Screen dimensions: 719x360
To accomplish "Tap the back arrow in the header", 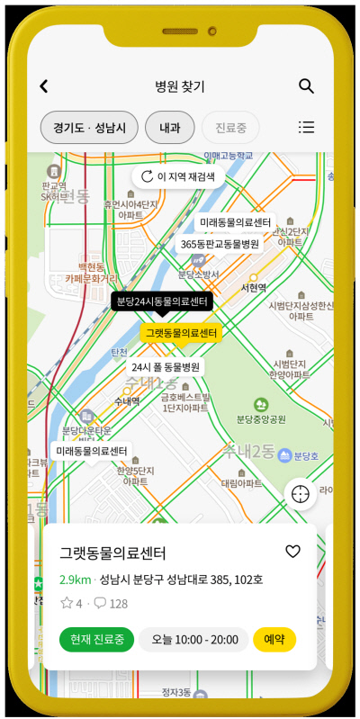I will pyautogui.click(x=43, y=86).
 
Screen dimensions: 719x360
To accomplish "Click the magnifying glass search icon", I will pyautogui.click(x=306, y=86).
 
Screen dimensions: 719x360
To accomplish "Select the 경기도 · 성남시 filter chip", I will pyautogui.click(x=89, y=128).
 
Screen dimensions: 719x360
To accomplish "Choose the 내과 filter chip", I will pyautogui.click(x=169, y=128).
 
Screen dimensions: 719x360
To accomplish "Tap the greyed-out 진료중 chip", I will pyautogui.click(x=230, y=128).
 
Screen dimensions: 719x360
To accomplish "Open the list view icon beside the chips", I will pyautogui.click(x=306, y=128).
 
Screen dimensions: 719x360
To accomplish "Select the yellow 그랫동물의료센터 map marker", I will pyautogui.click(x=181, y=333).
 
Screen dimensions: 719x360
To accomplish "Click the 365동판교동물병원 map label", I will pyautogui.click(x=220, y=244).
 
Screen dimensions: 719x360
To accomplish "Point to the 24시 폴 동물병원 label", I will pyautogui.click(x=166, y=367).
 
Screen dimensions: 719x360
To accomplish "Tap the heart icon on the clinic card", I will pyautogui.click(x=292, y=552).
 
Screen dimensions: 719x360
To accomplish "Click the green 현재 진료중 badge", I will pyautogui.click(x=97, y=640).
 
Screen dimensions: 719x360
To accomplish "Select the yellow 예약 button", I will pyautogui.click(x=274, y=640).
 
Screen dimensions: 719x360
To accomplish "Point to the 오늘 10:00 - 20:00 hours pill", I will pyautogui.click(x=193, y=640).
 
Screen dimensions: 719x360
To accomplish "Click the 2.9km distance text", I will pyautogui.click(x=75, y=579).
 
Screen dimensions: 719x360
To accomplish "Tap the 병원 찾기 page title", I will pyautogui.click(x=180, y=86).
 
